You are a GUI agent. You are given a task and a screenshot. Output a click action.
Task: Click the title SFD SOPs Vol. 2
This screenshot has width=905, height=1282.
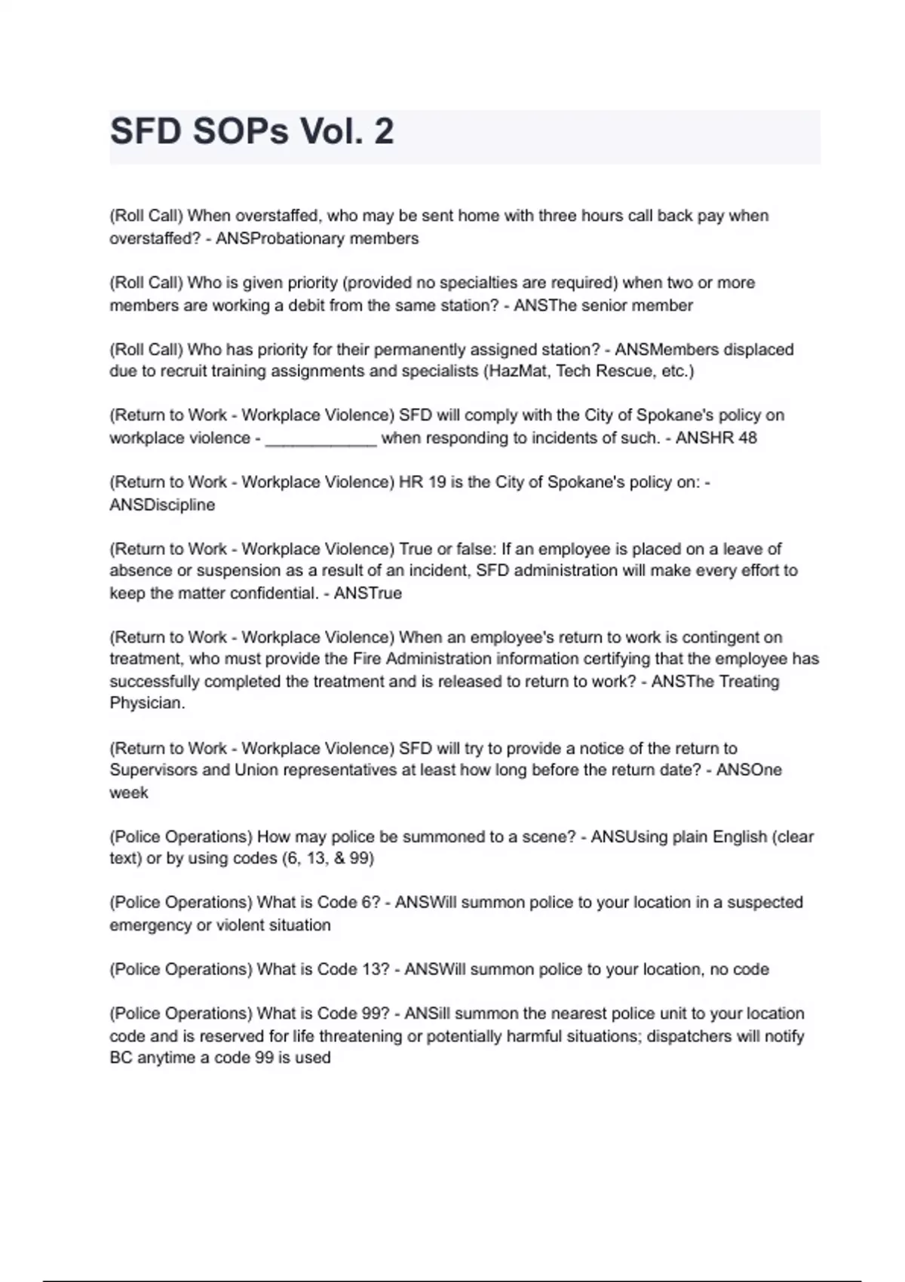click(x=252, y=132)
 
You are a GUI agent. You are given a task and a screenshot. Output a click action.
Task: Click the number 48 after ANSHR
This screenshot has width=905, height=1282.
click(x=747, y=438)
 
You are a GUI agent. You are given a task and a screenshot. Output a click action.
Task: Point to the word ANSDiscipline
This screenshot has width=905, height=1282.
click(x=162, y=505)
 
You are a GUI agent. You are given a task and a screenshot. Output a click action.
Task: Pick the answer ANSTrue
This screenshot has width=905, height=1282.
click(x=367, y=593)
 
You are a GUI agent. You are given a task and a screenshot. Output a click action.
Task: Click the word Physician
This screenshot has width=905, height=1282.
click(x=147, y=704)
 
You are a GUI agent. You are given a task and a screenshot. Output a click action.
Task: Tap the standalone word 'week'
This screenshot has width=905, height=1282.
click(x=129, y=793)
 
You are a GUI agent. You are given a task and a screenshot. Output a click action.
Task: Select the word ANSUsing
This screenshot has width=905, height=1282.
click(x=630, y=837)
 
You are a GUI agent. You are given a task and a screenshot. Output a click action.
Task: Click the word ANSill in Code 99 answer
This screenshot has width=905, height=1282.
click(x=428, y=1014)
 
